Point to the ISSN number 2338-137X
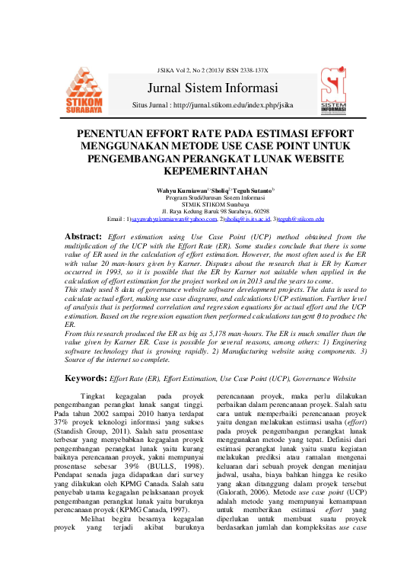[247, 70]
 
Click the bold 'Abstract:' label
[82, 238]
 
